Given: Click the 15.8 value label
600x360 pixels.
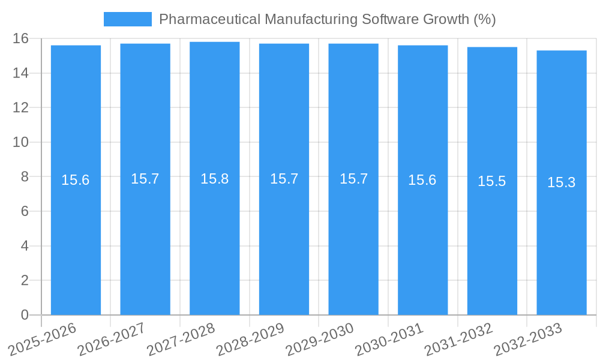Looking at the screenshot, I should coord(214,179).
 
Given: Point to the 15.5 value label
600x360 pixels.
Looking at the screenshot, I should coord(492,181).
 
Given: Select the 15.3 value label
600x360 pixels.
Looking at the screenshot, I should coord(562,182).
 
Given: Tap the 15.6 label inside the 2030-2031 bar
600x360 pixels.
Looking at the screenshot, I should coord(422,180).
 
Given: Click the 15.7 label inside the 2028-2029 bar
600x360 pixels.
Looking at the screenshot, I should coord(284,179).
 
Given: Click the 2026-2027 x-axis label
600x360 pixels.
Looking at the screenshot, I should coord(112,339).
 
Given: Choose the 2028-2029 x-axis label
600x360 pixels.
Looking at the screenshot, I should coord(250,339).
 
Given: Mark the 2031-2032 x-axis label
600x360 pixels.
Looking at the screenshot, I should coord(458,339).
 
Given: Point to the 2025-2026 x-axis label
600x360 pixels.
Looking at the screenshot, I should coord(43,339).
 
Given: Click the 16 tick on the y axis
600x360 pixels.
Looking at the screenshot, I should coord(20,38).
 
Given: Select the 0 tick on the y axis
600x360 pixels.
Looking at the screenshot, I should coord(25,315).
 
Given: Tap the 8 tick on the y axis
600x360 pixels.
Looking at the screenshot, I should coord(25,177).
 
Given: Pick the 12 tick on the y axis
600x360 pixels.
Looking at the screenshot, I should coord(20,107).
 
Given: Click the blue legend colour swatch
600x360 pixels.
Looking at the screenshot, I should coord(128,19).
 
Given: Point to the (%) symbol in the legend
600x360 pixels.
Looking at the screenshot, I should coord(484,19).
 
